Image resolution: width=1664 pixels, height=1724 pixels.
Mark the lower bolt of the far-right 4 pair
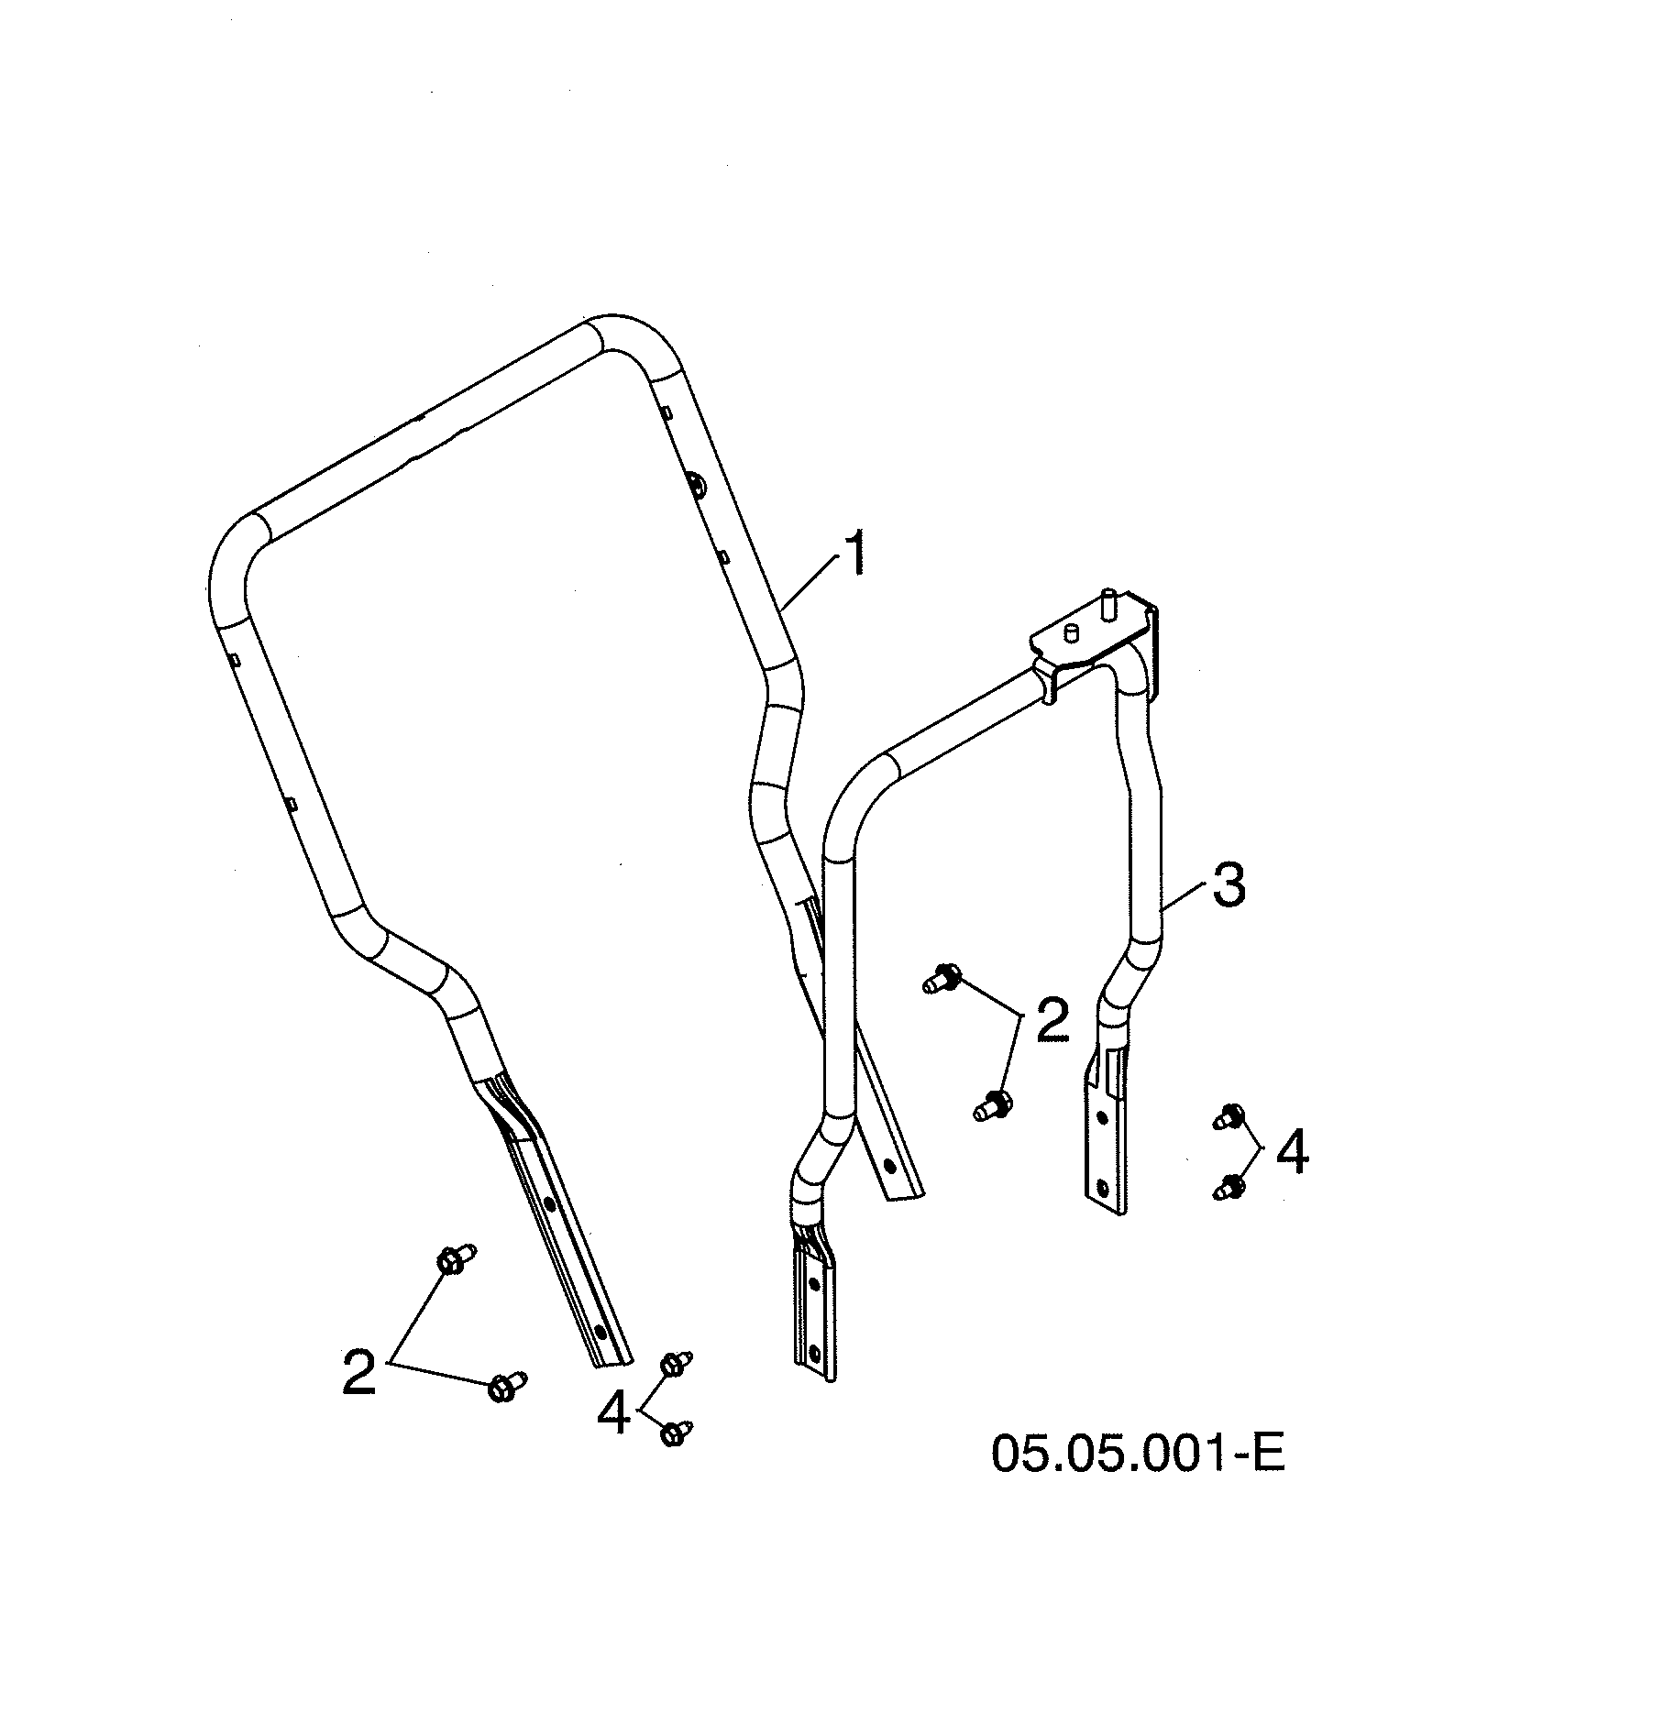pyautogui.click(x=1229, y=1188)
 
